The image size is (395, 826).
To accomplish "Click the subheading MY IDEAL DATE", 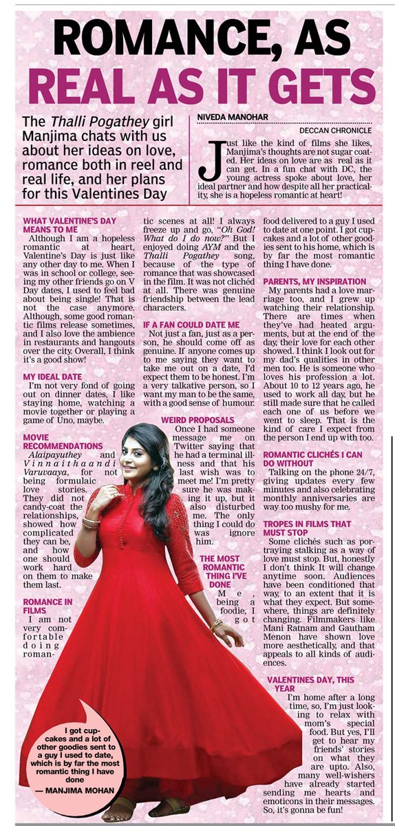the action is (x=52, y=377).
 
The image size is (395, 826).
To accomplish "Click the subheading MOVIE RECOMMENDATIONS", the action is (x=61, y=442).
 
